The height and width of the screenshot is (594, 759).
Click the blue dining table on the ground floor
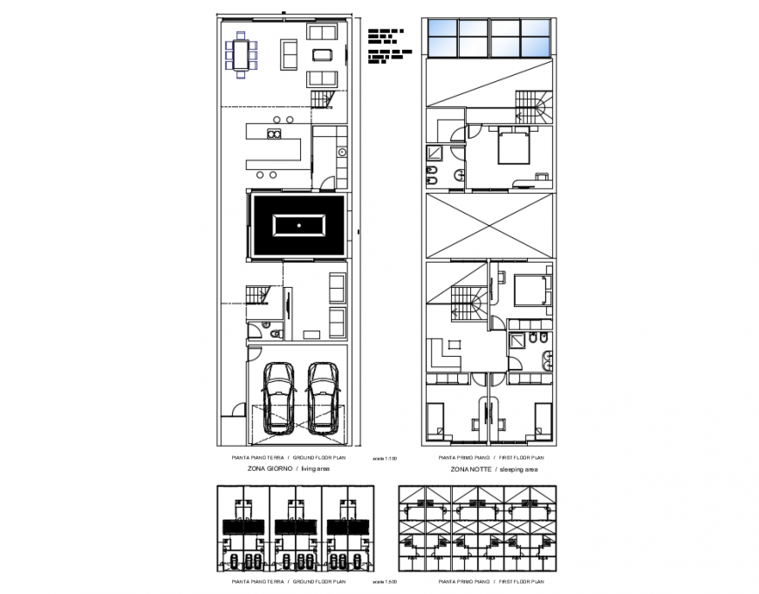coord(242,54)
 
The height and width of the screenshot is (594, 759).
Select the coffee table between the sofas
coord(322,55)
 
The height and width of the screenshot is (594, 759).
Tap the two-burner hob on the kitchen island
coord(273,134)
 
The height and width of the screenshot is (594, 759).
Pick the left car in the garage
coord(279,397)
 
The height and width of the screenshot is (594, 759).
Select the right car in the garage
coord(322,397)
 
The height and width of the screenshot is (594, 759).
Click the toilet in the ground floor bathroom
coord(273,332)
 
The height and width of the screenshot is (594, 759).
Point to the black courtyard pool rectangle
coord(298,225)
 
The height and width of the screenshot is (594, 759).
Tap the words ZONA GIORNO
coord(263,468)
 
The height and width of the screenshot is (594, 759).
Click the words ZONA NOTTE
coord(470,468)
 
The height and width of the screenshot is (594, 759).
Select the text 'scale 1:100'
coord(384,458)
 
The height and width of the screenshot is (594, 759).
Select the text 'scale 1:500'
coord(384,581)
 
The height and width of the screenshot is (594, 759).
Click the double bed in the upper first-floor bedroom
coord(513,147)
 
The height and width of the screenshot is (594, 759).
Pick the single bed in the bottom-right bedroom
coord(542,421)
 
